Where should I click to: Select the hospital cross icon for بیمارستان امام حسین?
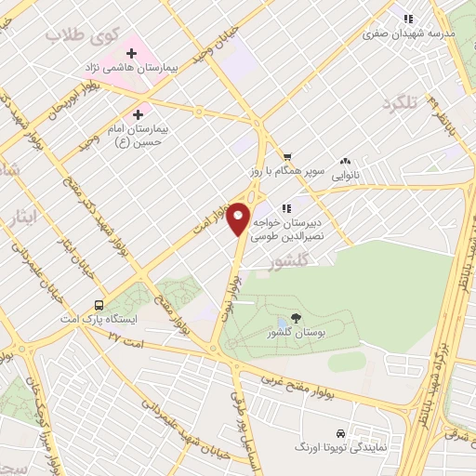139,113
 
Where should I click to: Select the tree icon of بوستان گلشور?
297,318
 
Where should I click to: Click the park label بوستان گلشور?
297,332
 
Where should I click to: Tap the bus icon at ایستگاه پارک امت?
99,305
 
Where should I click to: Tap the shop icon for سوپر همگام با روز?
287,157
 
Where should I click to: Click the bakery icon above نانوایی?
346,160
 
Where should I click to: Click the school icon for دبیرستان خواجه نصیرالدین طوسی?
289,208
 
